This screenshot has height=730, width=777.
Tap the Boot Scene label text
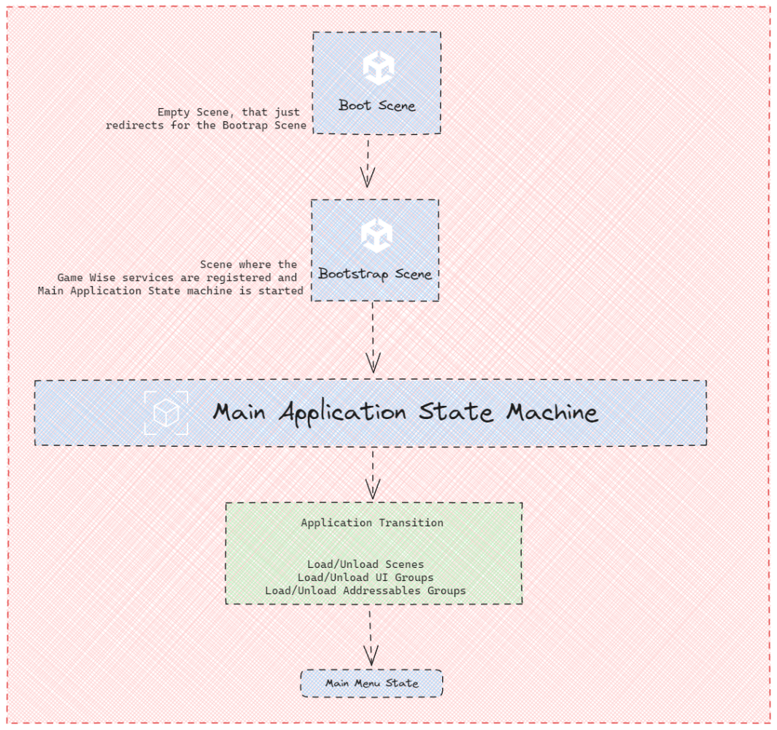tap(376, 106)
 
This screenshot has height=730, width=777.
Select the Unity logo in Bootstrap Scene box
tap(376, 235)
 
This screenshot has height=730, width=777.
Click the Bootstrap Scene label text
tap(375, 274)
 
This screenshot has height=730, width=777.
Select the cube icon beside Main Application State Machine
tap(166, 413)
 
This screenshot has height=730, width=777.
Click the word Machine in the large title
tap(552, 412)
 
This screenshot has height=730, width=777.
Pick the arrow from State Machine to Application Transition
tap(373, 474)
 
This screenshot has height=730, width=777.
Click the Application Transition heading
tap(372, 523)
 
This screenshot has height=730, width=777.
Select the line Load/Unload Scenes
tap(366, 564)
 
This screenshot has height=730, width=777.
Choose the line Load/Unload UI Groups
tap(366, 577)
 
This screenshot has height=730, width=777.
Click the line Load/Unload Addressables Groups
tap(365, 591)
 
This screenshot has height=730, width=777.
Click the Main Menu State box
tap(371, 683)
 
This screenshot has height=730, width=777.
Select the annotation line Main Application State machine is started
tap(171, 291)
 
